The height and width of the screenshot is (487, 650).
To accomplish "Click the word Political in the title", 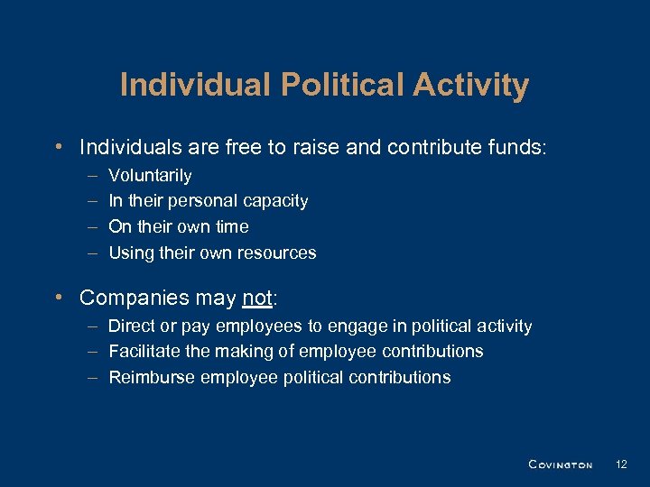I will (346, 85).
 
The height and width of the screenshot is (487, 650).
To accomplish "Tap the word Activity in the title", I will (472, 85).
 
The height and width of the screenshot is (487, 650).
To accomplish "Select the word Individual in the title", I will (195, 85).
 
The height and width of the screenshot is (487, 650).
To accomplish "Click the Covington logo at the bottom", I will (560, 464).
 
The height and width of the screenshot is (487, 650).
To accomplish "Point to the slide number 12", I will (620, 464).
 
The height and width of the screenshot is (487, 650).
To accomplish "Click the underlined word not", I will (256, 298).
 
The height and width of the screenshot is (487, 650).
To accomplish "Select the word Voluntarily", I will (150, 176).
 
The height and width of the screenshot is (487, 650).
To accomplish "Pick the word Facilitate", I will (146, 351).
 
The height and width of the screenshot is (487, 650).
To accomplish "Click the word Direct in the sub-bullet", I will (131, 326).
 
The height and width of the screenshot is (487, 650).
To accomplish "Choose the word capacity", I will (274, 201).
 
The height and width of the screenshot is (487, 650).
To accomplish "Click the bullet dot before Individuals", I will (58, 146).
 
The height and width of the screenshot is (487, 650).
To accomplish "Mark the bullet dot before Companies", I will (58, 298).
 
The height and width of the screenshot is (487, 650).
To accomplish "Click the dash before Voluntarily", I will (93, 176).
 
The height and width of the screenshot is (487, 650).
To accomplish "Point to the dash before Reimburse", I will (93, 377).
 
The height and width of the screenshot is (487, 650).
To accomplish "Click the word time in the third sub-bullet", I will (232, 226).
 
